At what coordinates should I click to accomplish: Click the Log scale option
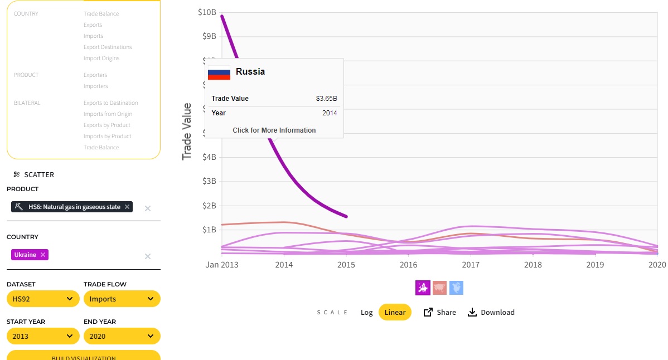366,312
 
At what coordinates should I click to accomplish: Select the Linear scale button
395,312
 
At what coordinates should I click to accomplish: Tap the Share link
440,312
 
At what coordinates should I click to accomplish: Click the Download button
491,312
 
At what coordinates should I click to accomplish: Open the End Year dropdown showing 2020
122,336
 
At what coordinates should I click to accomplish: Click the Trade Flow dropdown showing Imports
122,299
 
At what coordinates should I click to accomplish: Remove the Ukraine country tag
43,255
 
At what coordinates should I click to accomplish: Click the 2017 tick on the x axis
471,264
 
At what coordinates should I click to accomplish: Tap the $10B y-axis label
207,12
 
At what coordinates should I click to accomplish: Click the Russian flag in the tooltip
219,72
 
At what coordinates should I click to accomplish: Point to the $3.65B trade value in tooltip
326,99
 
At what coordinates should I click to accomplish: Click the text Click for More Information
274,130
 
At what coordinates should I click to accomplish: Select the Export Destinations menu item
108,47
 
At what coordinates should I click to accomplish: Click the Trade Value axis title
187,132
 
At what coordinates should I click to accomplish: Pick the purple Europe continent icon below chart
423,288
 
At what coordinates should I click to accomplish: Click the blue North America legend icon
456,288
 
